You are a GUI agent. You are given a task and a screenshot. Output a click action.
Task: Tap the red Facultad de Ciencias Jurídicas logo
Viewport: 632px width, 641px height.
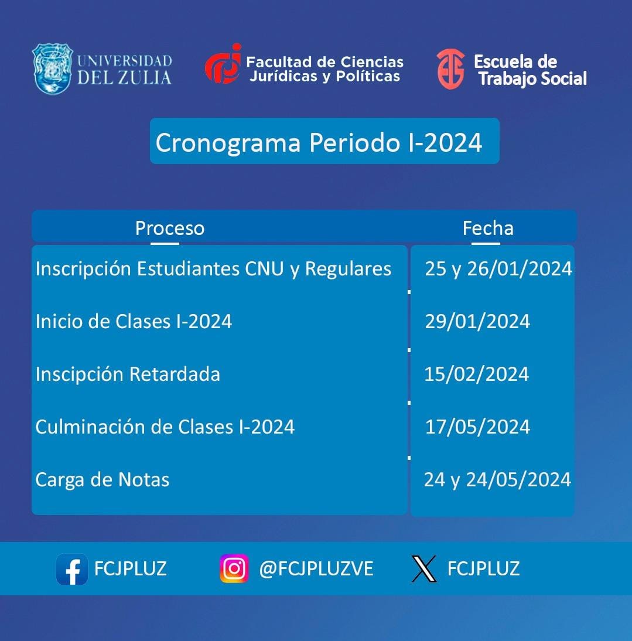223,64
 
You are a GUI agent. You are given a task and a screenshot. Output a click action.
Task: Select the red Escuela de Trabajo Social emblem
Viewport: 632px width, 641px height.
450,69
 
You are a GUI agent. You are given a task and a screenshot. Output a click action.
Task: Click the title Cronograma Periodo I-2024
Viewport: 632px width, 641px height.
319,142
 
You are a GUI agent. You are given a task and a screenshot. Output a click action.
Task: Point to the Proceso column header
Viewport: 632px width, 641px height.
170,228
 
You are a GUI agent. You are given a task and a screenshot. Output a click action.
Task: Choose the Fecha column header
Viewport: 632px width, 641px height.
488,228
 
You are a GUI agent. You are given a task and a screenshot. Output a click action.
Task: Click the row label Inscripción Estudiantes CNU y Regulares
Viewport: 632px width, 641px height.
213,269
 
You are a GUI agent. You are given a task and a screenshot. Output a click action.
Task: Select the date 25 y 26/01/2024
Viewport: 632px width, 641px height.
498,269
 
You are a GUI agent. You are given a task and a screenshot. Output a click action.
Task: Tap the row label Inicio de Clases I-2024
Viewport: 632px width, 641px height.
134,321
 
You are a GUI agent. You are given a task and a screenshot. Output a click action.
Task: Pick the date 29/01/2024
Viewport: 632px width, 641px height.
477,321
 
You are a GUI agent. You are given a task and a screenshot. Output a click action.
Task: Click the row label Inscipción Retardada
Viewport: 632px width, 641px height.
128,374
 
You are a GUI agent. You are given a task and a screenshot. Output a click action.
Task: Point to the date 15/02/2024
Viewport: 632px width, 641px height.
477,374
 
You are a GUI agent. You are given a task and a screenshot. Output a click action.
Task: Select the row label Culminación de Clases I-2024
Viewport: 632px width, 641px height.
165,427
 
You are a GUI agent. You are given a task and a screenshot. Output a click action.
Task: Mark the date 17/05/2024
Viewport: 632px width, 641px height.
477,427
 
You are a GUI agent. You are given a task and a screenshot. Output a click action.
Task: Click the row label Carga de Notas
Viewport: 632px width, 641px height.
103,480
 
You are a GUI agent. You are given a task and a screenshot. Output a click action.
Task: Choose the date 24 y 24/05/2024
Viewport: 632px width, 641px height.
497,480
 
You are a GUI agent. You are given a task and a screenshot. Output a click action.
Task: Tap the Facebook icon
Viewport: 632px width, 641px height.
72,569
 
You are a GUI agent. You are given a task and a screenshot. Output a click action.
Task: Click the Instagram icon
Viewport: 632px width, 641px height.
234,568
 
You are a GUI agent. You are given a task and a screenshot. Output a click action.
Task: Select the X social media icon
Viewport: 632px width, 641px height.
424,569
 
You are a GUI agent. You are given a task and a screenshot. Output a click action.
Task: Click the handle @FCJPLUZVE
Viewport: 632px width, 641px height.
316,568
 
